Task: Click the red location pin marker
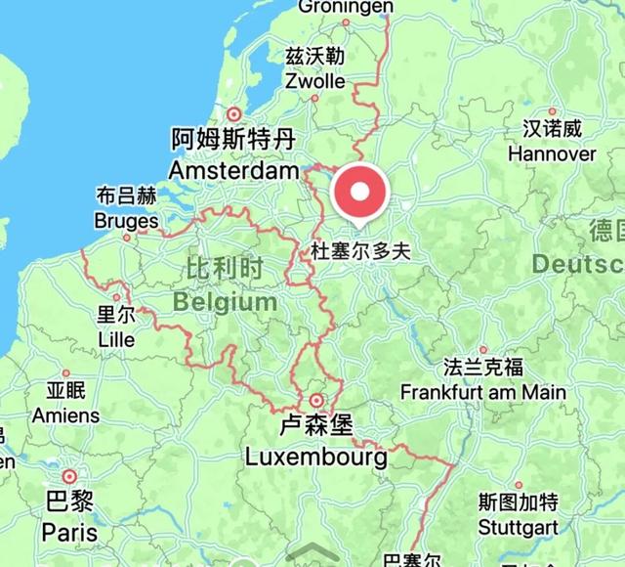[x=360, y=193]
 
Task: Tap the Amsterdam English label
[x=233, y=172]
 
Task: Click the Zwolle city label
[x=315, y=81]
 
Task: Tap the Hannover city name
[x=552, y=153]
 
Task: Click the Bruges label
[x=126, y=222]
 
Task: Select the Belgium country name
[x=226, y=302]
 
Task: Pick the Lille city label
[x=117, y=340]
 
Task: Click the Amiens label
[x=65, y=415]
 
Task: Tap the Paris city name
[x=69, y=533]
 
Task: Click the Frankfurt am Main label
[x=483, y=393]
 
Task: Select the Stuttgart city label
[x=519, y=528]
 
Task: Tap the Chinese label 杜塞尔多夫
[x=360, y=251]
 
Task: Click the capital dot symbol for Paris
[x=68, y=477]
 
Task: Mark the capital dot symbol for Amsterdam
[x=233, y=113]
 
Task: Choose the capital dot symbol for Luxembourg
[x=316, y=400]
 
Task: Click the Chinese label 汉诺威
[x=552, y=129]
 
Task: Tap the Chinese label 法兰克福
[x=482, y=368]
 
